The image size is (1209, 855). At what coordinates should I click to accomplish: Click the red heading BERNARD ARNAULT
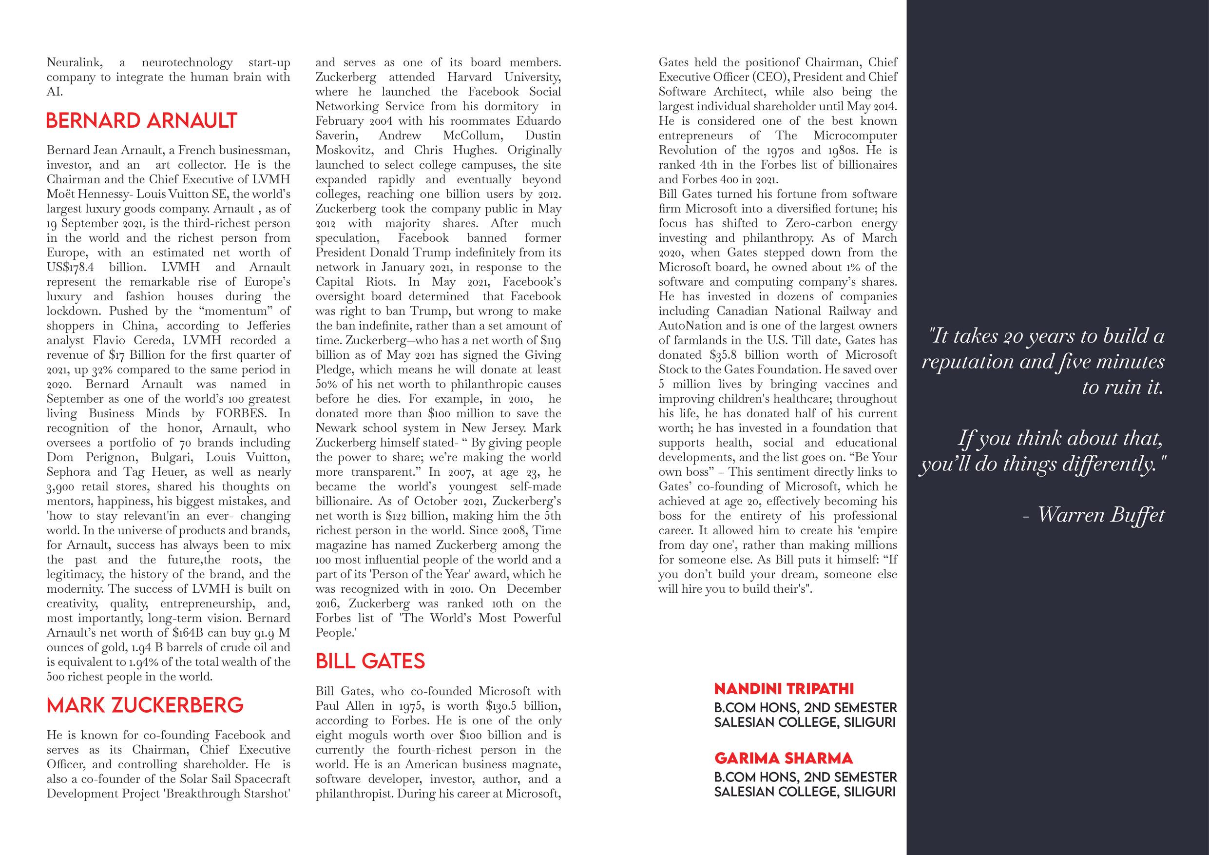142,120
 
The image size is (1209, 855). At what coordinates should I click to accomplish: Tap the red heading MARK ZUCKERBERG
145,705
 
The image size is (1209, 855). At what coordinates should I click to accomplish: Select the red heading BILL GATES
370,661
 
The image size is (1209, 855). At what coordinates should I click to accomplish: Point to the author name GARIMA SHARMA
783,758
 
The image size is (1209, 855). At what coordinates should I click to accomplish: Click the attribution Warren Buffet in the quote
1100,515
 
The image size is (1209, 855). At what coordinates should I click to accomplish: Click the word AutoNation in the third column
685,326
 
